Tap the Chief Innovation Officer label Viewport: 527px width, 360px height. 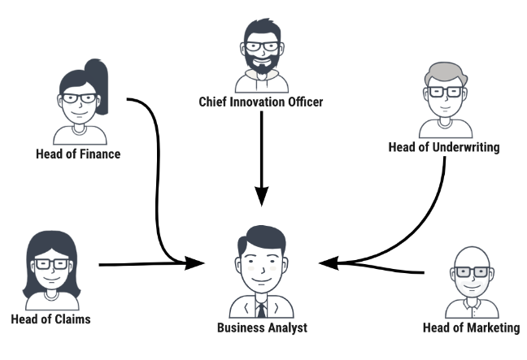261,102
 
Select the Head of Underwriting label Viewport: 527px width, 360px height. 443,147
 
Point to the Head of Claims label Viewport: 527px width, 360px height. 50,319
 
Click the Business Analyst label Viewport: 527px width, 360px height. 262,327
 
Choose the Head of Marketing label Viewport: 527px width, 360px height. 472,327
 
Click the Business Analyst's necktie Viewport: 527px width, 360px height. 261,310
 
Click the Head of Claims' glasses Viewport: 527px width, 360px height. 50,265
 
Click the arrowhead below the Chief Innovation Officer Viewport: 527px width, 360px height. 261,196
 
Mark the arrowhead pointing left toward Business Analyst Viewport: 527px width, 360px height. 326,262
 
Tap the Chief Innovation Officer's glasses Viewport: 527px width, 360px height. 260,46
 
